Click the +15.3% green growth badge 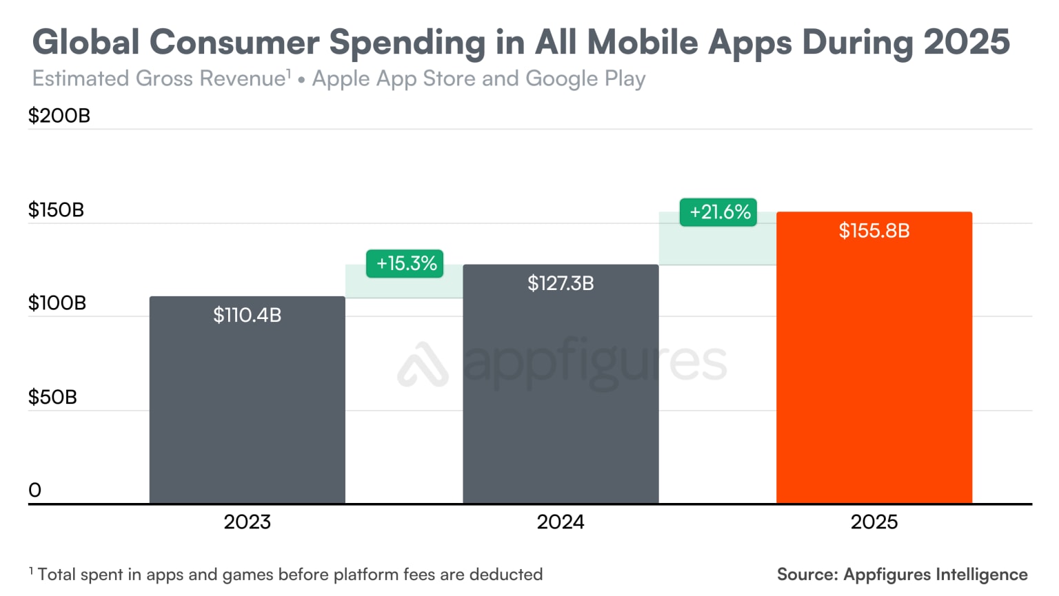pos(405,263)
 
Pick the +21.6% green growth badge pos(718,212)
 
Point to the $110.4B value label pos(247,315)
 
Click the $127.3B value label pos(561,283)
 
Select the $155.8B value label pos(874,231)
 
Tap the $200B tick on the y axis pos(59,116)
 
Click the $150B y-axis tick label pos(56,210)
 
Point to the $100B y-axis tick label pos(57,303)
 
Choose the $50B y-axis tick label pos(52,398)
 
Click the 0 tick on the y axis pos(35,491)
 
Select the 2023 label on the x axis pos(247,522)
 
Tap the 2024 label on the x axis pos(561,522)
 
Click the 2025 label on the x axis pos(874,522)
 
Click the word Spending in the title pos(407,43)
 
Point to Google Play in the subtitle pos(585,79)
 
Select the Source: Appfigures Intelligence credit pos(902,575)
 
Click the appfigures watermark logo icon pos(423,364)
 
